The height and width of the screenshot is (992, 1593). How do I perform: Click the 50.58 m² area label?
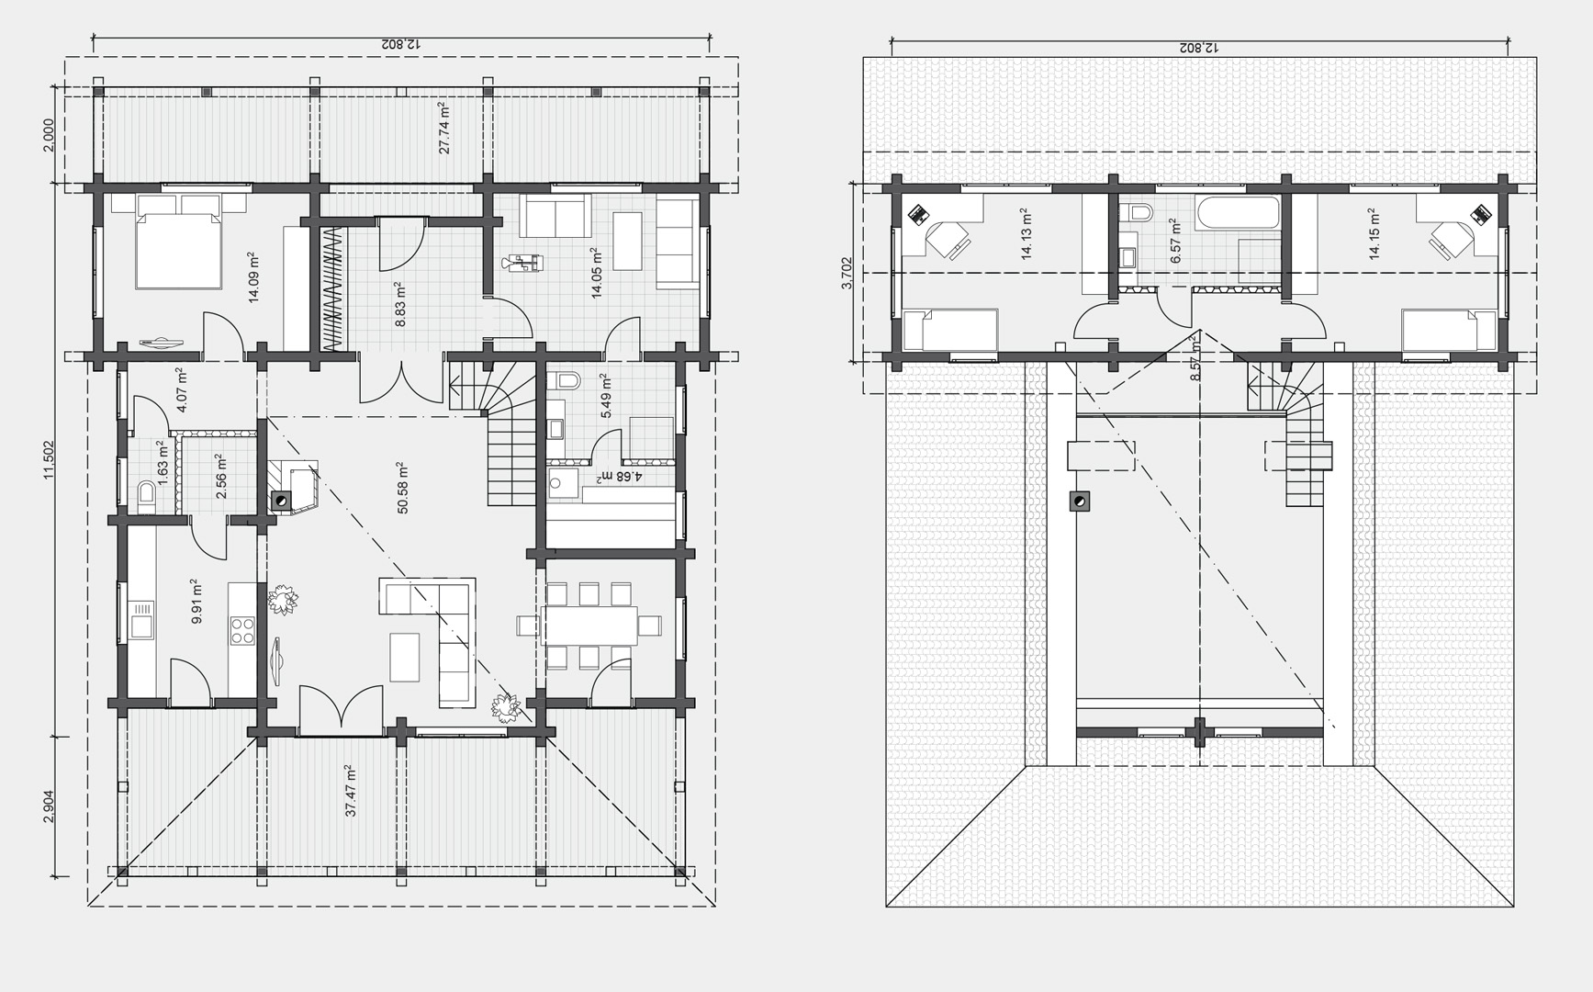tap(402, 488)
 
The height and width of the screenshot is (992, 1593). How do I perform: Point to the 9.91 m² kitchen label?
tap(196, 602)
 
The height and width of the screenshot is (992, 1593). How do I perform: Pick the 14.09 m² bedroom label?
tap(253, 276)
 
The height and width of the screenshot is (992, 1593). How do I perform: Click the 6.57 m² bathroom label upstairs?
tap(1174, 241)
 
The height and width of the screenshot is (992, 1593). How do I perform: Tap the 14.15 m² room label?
tap(1374, 233)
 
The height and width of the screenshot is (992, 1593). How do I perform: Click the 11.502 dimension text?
tap(49, 458)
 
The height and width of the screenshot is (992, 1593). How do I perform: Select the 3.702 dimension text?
tap(847, 273)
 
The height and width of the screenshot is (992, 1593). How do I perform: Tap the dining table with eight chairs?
tap(589, 626)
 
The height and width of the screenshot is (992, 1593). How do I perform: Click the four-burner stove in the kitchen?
tap(242, 630)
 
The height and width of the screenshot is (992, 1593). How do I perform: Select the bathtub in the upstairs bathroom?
tap(1238, 213)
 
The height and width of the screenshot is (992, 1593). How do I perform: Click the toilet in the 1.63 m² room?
tap(146, 495)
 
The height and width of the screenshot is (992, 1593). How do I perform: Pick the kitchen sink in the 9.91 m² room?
tap(142, 618)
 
